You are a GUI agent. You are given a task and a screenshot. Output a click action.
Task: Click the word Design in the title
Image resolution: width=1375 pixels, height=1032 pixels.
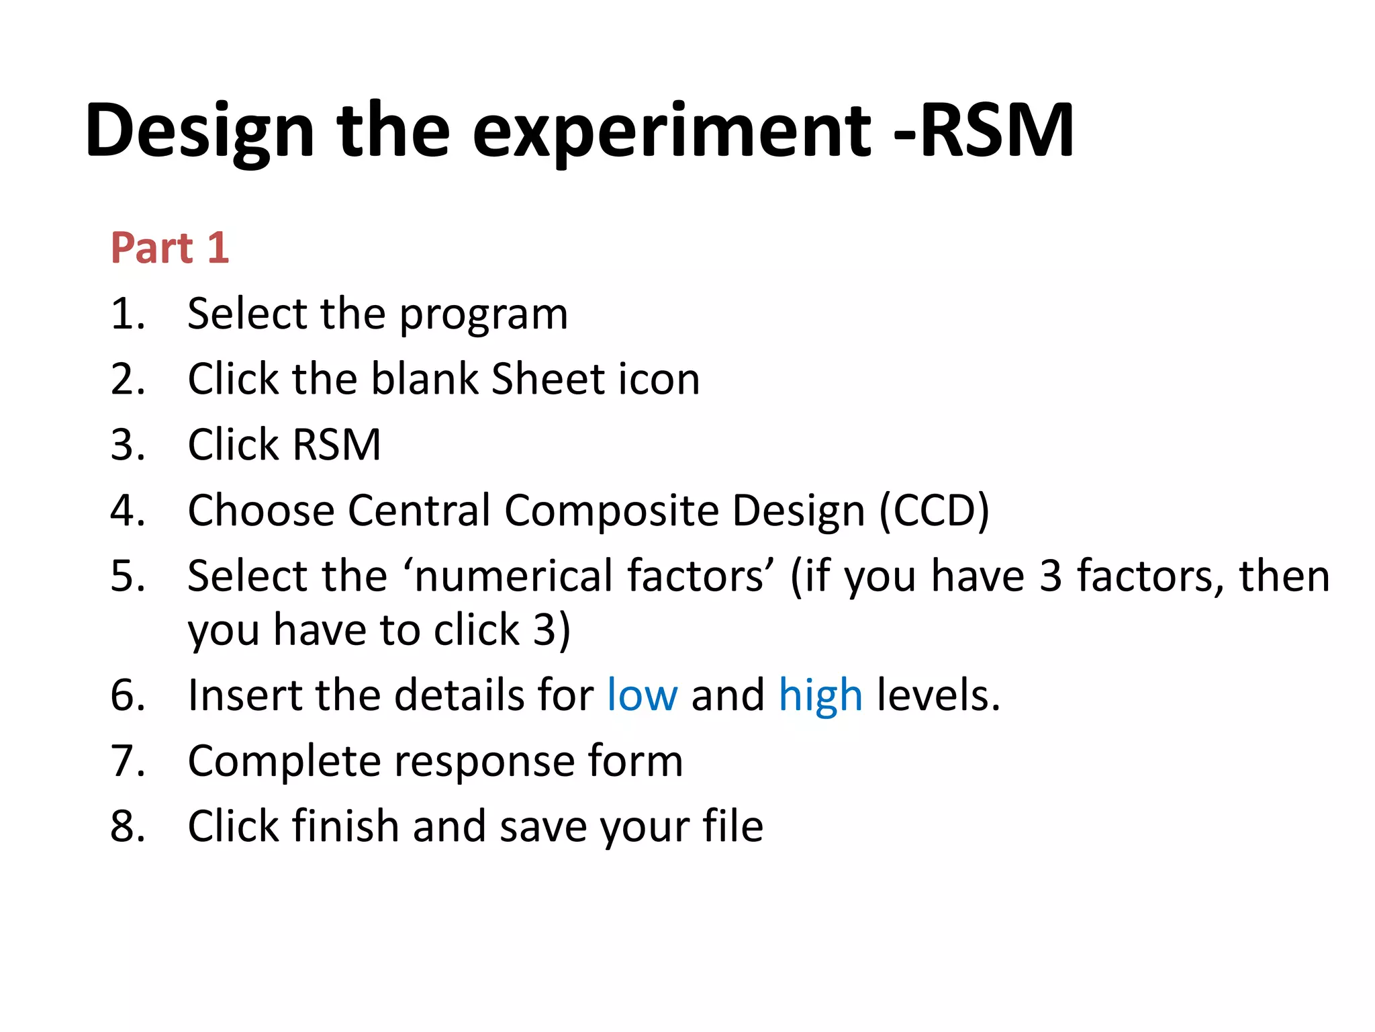click(x=199, y=130)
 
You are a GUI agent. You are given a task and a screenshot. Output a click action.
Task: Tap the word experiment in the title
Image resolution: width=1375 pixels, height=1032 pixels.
click(x=671, y=130)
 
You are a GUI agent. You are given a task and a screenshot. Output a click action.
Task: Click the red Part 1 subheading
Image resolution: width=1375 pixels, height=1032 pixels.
click(x=170, y=248)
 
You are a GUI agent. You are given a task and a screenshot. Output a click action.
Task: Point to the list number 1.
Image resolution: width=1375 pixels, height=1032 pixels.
click(x=127, y=314)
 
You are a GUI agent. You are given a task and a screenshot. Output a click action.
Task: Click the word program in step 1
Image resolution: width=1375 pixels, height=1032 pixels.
click(x=483, y=315)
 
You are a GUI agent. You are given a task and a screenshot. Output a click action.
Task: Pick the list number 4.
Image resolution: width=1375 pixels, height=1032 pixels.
click(x=127, y=511)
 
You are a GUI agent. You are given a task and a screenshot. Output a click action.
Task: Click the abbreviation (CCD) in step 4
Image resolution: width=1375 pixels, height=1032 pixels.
click(x=934, y=511)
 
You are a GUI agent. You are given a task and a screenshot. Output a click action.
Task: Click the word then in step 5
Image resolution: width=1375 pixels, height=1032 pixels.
click(x=1284, y=576)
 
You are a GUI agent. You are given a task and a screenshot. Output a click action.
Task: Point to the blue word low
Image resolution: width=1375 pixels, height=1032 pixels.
click(x=642, y=695)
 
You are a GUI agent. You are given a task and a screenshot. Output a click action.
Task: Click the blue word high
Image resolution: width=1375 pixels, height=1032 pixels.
click(x=820, y=695)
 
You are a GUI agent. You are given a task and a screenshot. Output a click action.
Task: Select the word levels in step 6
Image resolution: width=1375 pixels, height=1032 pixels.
click(x=938, y=695)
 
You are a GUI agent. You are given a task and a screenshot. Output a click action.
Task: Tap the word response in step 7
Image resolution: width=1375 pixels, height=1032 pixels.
click(x=483, y=762)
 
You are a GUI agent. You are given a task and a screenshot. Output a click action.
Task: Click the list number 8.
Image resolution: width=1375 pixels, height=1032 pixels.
click(x=127, y=826)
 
